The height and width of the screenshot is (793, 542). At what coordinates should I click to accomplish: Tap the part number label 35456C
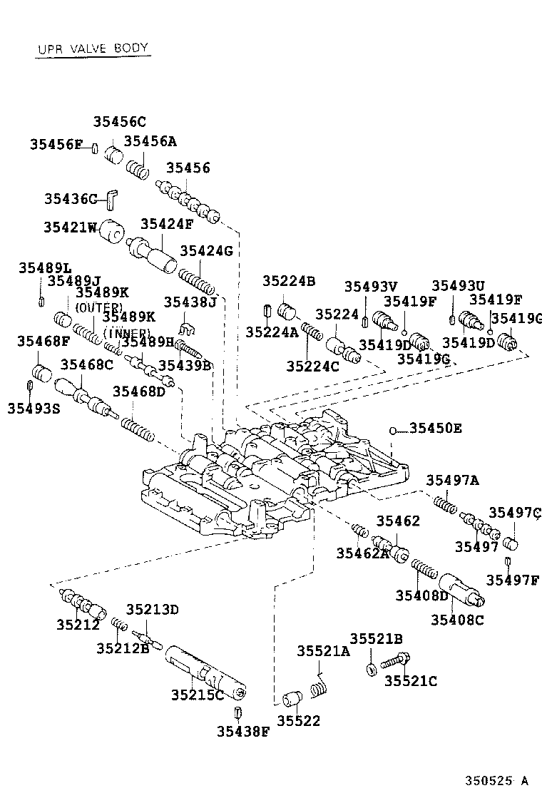point(119,121)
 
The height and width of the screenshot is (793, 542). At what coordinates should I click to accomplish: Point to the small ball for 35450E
point(392,429)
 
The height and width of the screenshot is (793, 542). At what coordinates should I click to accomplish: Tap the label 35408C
point(457,620)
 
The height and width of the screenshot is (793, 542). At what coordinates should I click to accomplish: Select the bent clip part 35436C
point(112,199)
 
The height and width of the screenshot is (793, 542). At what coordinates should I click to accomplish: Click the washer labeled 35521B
point(372,669)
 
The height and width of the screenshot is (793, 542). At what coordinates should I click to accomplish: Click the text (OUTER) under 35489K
point(100,307)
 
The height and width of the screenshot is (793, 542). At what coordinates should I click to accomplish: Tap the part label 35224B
point(289,281)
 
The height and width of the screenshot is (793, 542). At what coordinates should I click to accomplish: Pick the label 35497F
point(513,579)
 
